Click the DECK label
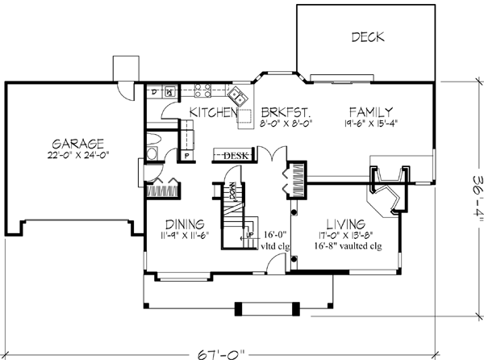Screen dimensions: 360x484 [x=367, y=37]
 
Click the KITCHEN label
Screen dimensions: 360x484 [x=212, y=112]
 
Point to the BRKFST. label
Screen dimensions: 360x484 [x=286, y=112]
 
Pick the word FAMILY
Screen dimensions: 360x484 [x=371, y=111]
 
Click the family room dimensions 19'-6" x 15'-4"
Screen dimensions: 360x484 [x=372, y=124]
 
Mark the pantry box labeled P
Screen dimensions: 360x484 [x=186, y=155]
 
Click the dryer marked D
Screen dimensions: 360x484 [x=155, y=93]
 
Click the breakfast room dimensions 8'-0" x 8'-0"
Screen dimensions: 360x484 [x=286, y=124]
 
